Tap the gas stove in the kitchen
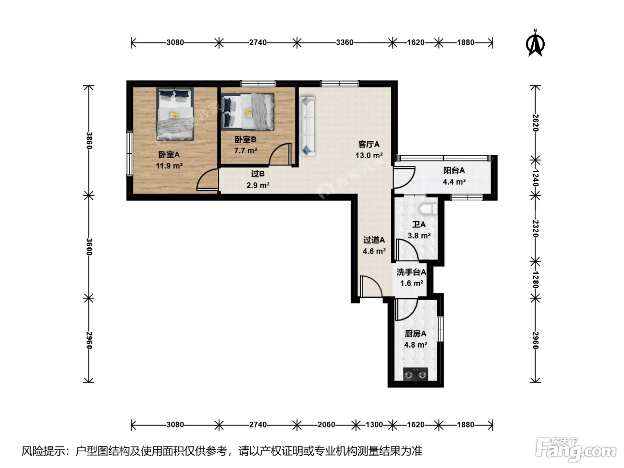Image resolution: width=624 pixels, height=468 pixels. coord(415,374)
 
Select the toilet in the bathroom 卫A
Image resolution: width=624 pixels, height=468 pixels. coord(428,209)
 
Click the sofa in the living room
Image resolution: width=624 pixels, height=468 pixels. coord(307,126)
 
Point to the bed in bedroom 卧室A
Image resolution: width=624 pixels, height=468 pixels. coord(175,114)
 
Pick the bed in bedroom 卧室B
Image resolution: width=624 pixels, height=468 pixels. coord(248,112)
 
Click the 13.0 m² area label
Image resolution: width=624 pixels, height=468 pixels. coord(369,156)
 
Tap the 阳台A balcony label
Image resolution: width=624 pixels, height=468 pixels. coord(454,170)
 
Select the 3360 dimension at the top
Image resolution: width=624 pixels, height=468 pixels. coord(345,43)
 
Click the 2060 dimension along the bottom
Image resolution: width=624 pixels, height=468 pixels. coord(326,424)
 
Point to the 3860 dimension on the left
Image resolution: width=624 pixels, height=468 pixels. coord(89,140)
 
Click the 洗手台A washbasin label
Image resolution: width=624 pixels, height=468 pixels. coord(411,272)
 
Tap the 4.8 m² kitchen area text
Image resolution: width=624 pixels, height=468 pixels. coord(415,345)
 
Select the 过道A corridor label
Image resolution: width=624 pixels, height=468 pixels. coord(374,240)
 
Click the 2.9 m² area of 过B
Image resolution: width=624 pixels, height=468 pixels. coord(258,185)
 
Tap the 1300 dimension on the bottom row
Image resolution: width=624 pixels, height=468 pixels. coord(374,424)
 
